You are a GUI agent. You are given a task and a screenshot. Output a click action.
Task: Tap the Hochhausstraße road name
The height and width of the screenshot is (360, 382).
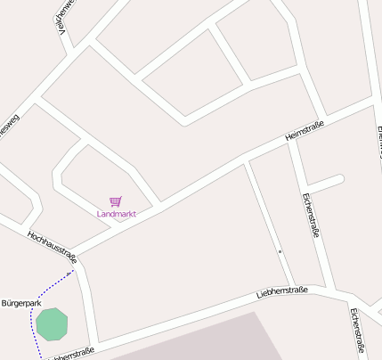click(x=53, y=248)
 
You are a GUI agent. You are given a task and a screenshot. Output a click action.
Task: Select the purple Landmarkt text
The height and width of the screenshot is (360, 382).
click(x=116, y=214)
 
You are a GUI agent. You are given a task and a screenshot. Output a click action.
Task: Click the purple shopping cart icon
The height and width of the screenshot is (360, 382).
click(x=116, y=202)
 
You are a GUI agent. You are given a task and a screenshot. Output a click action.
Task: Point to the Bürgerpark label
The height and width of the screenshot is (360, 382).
click(x=21, y=304)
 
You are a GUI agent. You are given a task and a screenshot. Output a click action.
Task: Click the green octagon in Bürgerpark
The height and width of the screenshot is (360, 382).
click(x=52, y=323)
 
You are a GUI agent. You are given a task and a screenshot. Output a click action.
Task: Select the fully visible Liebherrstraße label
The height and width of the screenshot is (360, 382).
click(x=281, y=291)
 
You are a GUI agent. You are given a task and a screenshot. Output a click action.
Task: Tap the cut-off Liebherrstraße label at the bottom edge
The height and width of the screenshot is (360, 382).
click(x=71, y=355)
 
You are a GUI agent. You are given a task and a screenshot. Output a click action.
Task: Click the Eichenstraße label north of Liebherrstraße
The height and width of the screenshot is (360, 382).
click(x=310, y=215)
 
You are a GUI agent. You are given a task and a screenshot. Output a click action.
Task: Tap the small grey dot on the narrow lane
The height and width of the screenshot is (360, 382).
click(x=280, y=252)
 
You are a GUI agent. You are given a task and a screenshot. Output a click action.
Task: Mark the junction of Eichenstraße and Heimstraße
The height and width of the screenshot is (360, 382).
click(x=289, y=143)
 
